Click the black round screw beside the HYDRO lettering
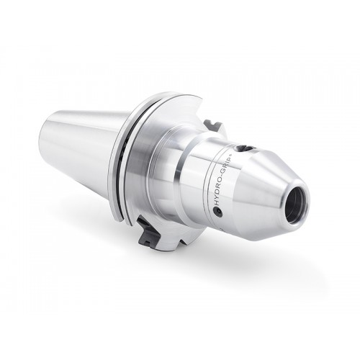click(x=218, y=212)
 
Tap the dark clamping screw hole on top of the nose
click(x=243, y=148)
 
